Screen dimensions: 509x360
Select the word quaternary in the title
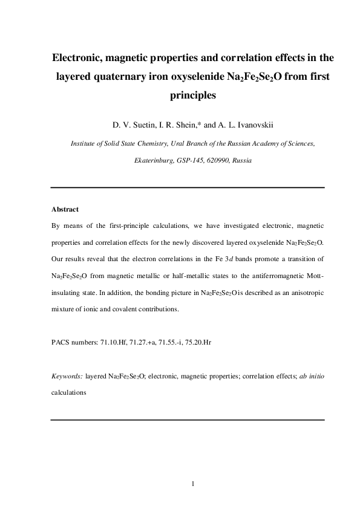135,77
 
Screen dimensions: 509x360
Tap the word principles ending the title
188,95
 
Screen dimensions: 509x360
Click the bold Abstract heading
65,209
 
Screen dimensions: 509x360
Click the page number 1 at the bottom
192,484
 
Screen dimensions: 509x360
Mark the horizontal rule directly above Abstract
188,187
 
